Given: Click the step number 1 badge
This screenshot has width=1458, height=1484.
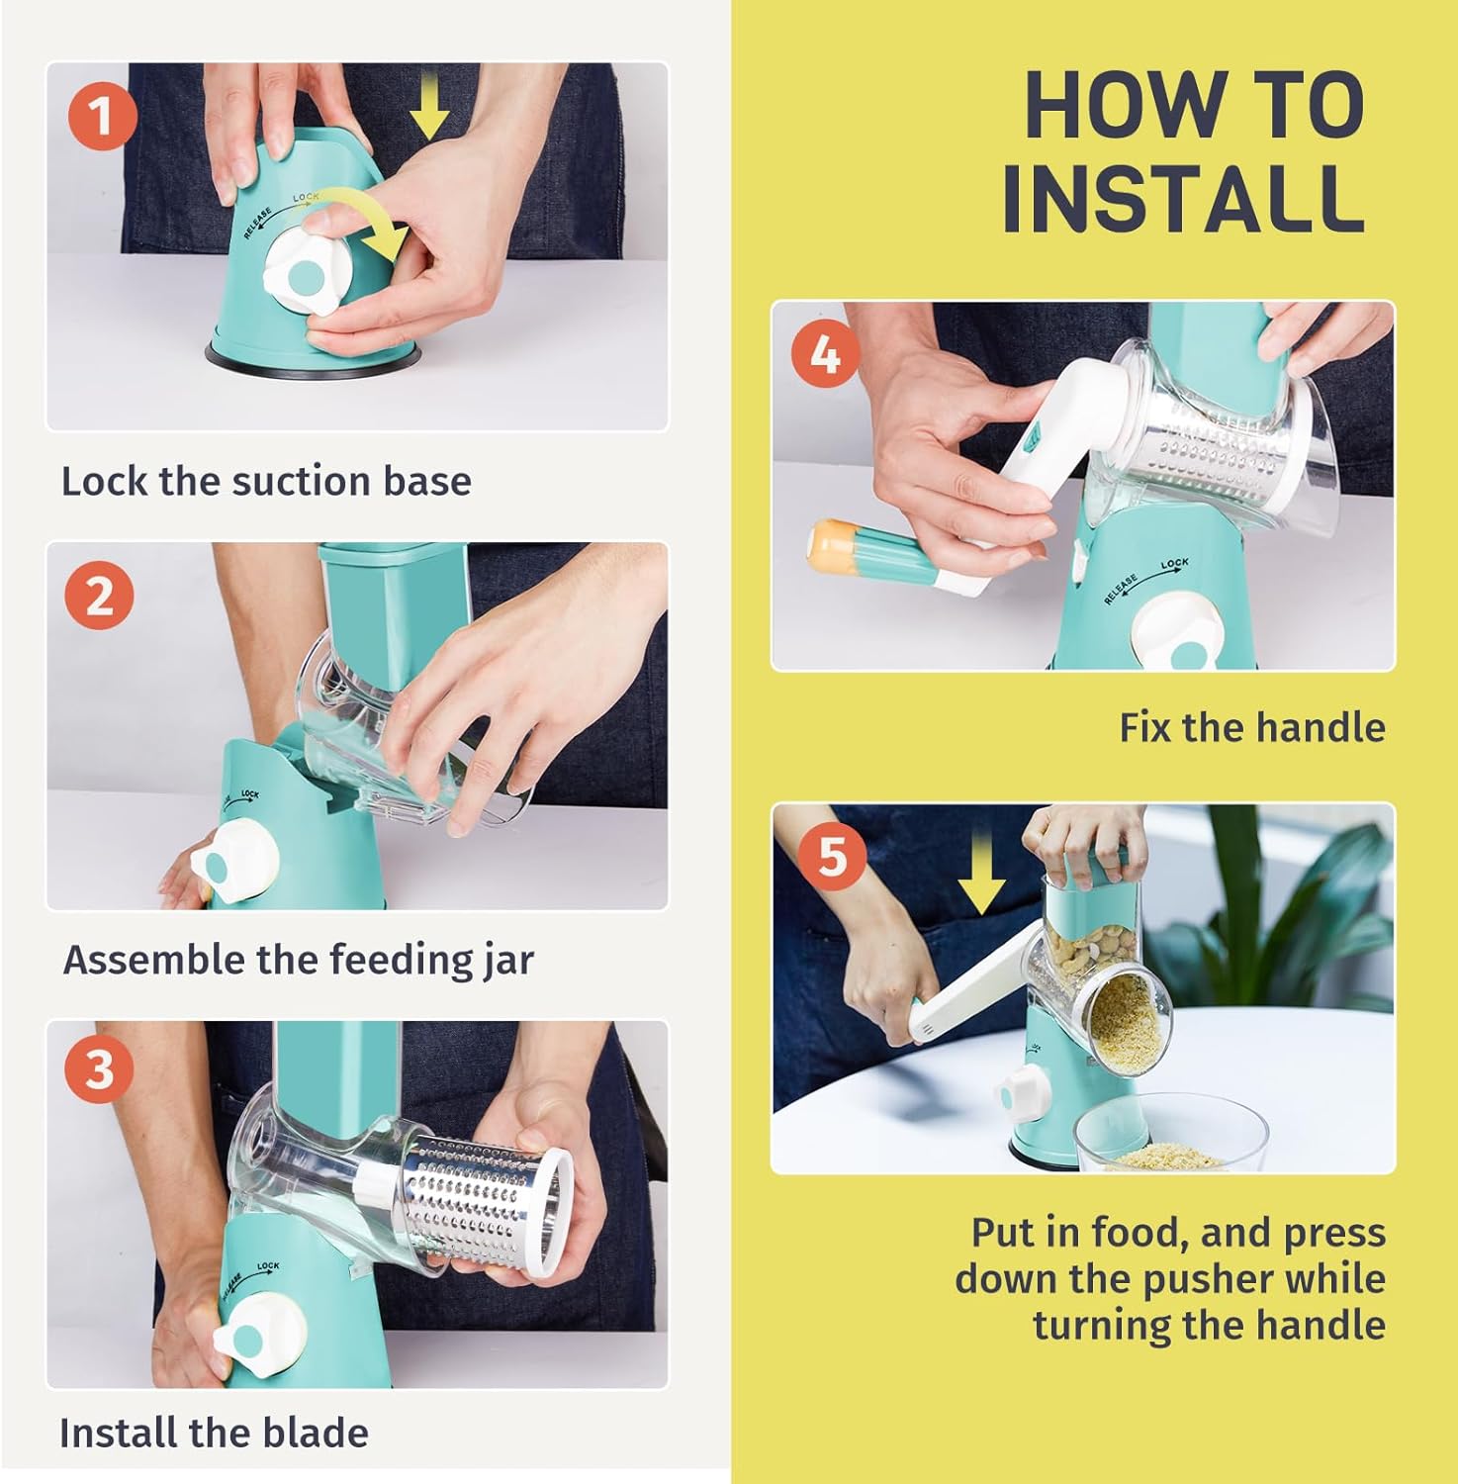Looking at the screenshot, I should pos(102,117).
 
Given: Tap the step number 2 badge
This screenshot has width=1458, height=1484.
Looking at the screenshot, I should pos(99,596).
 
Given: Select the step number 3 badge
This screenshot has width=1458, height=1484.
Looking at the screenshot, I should pos(99,1070).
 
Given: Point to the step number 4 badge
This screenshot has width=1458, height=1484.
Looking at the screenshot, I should pos(825,353).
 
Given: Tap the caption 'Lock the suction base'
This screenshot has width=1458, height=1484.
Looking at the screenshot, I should pos(266,482).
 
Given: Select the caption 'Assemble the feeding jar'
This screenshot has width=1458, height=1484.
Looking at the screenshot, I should pos(298,960).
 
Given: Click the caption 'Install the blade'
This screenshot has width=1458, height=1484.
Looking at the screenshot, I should pos(214,1433).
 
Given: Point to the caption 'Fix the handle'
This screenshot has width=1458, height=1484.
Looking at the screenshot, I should pos(1251,727).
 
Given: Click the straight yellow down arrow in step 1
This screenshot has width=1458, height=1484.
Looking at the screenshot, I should pos(429,109).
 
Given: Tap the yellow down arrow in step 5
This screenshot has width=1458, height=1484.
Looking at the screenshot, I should pos(981,872).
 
